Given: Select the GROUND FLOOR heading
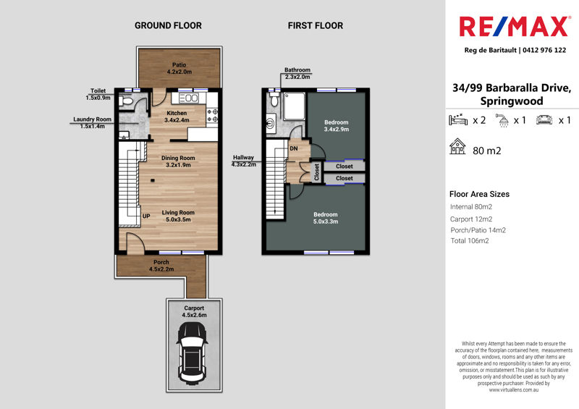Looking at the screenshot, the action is (x=168, y=25).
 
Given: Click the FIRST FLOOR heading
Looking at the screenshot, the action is (x=316, y=25).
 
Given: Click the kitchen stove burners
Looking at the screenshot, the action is (x=212, y=115).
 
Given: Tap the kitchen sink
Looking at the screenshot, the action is (x=188, y=98).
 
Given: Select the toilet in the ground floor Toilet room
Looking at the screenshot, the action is (x=126, y=101).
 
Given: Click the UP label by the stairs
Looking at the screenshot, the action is (x=146, y=216).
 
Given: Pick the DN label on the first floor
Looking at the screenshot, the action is (x=294, y=148).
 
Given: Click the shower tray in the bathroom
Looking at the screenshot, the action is (x=295, y=106).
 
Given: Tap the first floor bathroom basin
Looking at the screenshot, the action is (x=271, y=122).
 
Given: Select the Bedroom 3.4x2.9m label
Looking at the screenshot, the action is (x=337, y=126).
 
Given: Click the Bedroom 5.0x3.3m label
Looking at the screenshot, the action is (x=326, y=218).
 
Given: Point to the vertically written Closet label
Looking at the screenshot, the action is (x=316, y=172).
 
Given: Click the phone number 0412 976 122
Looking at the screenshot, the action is (x=544, y=50).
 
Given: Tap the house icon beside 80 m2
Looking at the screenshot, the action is (x=457, y=146).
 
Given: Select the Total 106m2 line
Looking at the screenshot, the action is (x=470, y=241).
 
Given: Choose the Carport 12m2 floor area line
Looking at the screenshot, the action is (x=471, y=219).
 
